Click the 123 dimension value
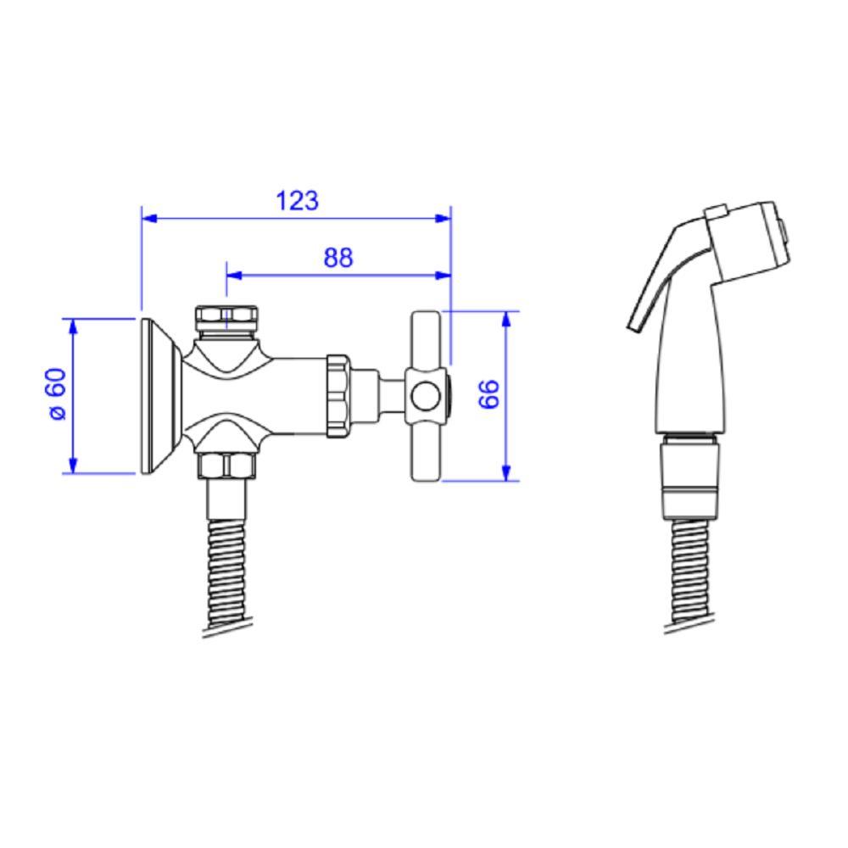297,201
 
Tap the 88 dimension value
338,258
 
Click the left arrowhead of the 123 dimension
149,219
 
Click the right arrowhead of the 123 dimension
443,219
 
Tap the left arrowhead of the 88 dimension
234,276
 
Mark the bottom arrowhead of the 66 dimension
506,472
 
